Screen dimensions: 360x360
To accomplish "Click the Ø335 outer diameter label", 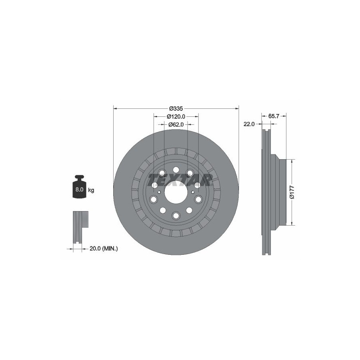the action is tap(176, 108).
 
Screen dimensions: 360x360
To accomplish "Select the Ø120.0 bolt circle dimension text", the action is tap(176, 116).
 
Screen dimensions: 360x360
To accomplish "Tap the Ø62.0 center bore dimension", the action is tap(176, 124).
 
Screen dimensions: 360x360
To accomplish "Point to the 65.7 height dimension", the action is tap(274, 116).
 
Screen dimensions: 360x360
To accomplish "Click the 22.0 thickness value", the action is tap(249, 124).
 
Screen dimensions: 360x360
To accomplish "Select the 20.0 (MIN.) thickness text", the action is tap(104, 248).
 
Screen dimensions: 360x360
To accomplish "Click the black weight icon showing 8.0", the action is tap(80, 187).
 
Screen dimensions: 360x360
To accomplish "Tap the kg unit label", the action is tap(91, 190).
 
